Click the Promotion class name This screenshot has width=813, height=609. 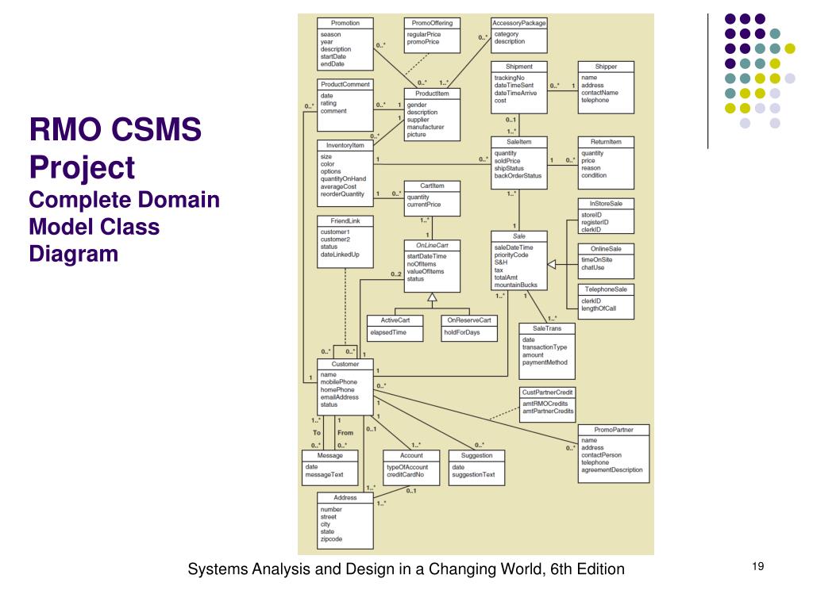click(345, 23)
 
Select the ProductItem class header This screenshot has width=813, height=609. click(432, 94)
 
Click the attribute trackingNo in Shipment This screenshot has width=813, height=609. click(509, 78)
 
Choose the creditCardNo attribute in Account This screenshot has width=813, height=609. click(406, 474)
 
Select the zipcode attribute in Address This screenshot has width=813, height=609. click(331, 538)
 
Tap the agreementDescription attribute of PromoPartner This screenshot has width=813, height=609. click(612, 469)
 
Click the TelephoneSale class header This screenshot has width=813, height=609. click(606, 290)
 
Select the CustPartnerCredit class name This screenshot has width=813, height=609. click(547, 393)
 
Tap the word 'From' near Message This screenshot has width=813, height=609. click(345, 433)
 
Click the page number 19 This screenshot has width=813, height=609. click(757, 565)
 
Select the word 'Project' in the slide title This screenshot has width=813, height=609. click(82, 167)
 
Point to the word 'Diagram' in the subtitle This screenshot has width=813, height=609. click(74, 254)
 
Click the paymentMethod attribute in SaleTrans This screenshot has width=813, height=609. click(545, 363)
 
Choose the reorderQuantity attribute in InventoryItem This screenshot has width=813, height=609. click(343, 193)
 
